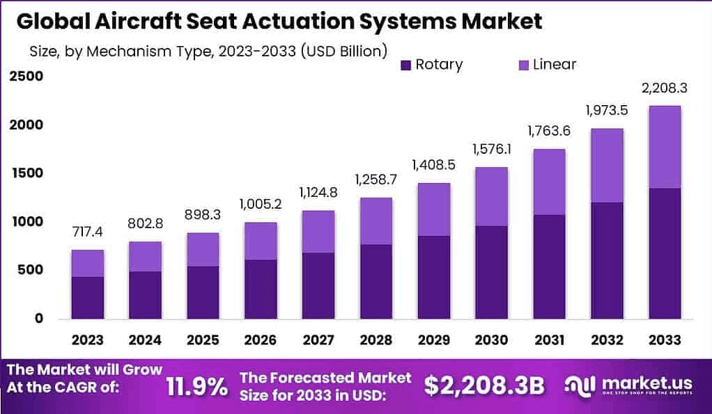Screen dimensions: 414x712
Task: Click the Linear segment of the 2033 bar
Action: tap(665, 147)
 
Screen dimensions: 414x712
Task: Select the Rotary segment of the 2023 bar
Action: tap(88, 297)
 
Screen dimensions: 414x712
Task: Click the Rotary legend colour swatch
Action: tap(407, 65)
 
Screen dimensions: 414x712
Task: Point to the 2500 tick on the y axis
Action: tap(26, 77)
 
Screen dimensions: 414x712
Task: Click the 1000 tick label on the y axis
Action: tap(26, 222)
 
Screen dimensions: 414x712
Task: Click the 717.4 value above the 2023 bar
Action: tap(88, 230)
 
